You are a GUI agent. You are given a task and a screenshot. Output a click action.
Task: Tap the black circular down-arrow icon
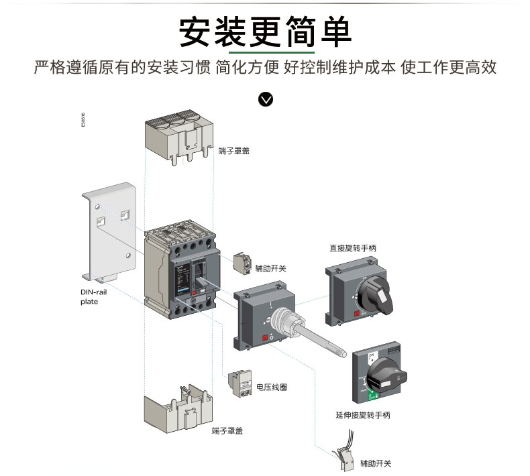click(266, 100)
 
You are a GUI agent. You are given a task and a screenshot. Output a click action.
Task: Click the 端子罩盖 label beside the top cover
click(233, 152)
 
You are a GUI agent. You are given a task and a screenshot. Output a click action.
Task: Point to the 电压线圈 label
click(272, 387)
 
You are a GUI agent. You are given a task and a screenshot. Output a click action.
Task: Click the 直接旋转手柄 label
click(353, 248)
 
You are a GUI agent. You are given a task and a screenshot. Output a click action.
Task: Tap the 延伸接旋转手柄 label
click(363, 415)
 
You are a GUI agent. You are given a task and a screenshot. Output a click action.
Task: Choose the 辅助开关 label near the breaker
click(270, 268)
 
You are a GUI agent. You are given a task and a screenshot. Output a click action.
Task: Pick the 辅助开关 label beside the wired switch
click(376, 463)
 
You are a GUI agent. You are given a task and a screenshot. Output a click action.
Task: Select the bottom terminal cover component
click(176, 409)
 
